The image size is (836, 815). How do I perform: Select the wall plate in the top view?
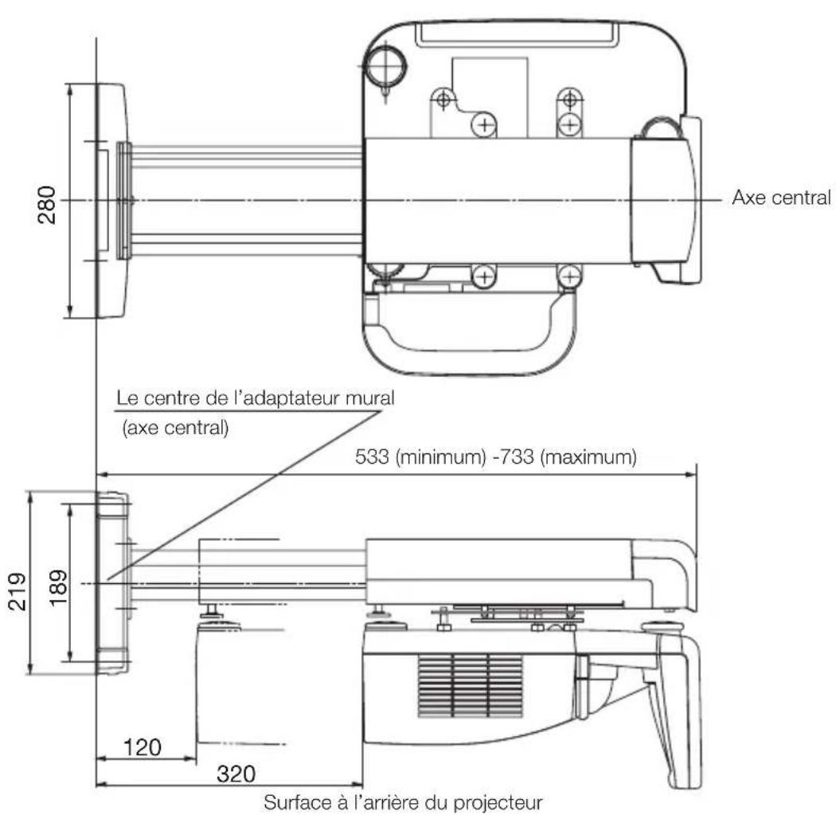[x=111, y=199]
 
